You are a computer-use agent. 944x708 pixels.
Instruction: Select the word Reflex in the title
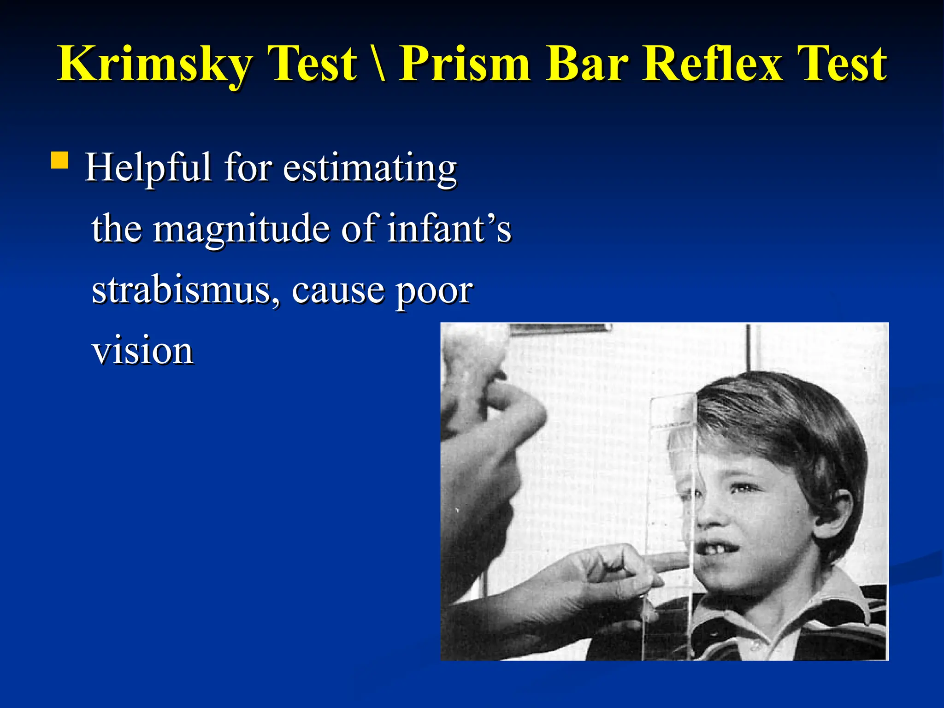713,65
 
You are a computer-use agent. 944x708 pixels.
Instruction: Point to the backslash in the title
379,65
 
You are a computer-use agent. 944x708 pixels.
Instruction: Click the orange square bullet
59,161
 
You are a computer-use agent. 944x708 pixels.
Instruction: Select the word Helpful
148,168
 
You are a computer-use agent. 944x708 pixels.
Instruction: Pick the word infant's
449,229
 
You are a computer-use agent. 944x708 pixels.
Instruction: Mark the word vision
143,351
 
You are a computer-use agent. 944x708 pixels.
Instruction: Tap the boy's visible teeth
717,549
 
